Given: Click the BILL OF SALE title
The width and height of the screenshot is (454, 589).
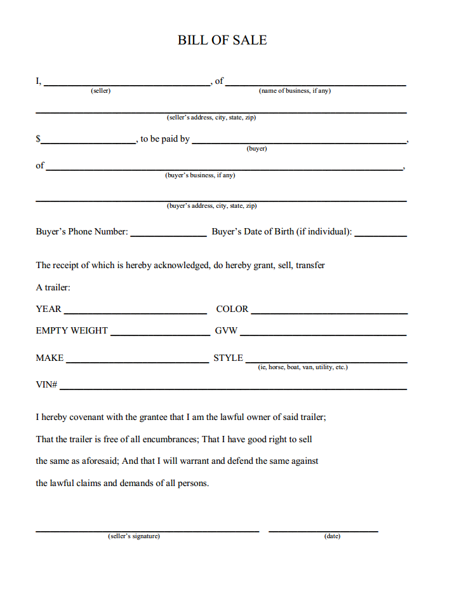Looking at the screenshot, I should [222, 40].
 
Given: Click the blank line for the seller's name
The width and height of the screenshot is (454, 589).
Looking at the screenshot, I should [127, 84].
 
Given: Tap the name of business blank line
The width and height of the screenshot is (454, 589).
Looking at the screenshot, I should [316, 84].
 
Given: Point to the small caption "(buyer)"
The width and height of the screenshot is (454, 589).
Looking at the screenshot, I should [257, 149].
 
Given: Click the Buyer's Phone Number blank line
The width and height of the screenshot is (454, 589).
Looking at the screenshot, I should [168, 235].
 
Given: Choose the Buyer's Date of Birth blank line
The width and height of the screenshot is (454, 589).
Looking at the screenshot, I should [380, 235].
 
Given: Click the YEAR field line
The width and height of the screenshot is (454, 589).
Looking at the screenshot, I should [135, 313].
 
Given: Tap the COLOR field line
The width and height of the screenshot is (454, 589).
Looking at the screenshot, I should [329, 313].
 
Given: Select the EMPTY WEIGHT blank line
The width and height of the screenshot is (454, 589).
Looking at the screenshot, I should [160, 334].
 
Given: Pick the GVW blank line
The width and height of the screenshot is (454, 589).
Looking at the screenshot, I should [323, 334].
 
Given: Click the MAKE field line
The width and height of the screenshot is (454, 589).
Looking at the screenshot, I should [137, 362].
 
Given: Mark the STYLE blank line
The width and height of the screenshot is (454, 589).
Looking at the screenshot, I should [326, 362].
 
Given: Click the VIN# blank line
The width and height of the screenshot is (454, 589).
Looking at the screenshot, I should [233, 388].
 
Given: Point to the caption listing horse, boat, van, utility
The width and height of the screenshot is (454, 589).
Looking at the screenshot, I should [303, 368].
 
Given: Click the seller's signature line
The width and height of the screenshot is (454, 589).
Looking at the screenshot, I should [147, 530].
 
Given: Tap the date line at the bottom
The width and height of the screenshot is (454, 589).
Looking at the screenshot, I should [323, 530].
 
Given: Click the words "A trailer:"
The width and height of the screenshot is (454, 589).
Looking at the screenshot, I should [53, 288].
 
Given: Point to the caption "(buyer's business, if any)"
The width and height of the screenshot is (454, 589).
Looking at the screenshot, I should [200, 175].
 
